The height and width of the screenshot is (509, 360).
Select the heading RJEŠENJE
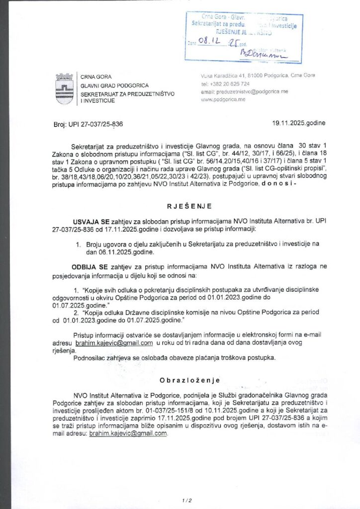click(180, 205)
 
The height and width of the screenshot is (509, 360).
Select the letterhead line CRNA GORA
click(96, 77)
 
